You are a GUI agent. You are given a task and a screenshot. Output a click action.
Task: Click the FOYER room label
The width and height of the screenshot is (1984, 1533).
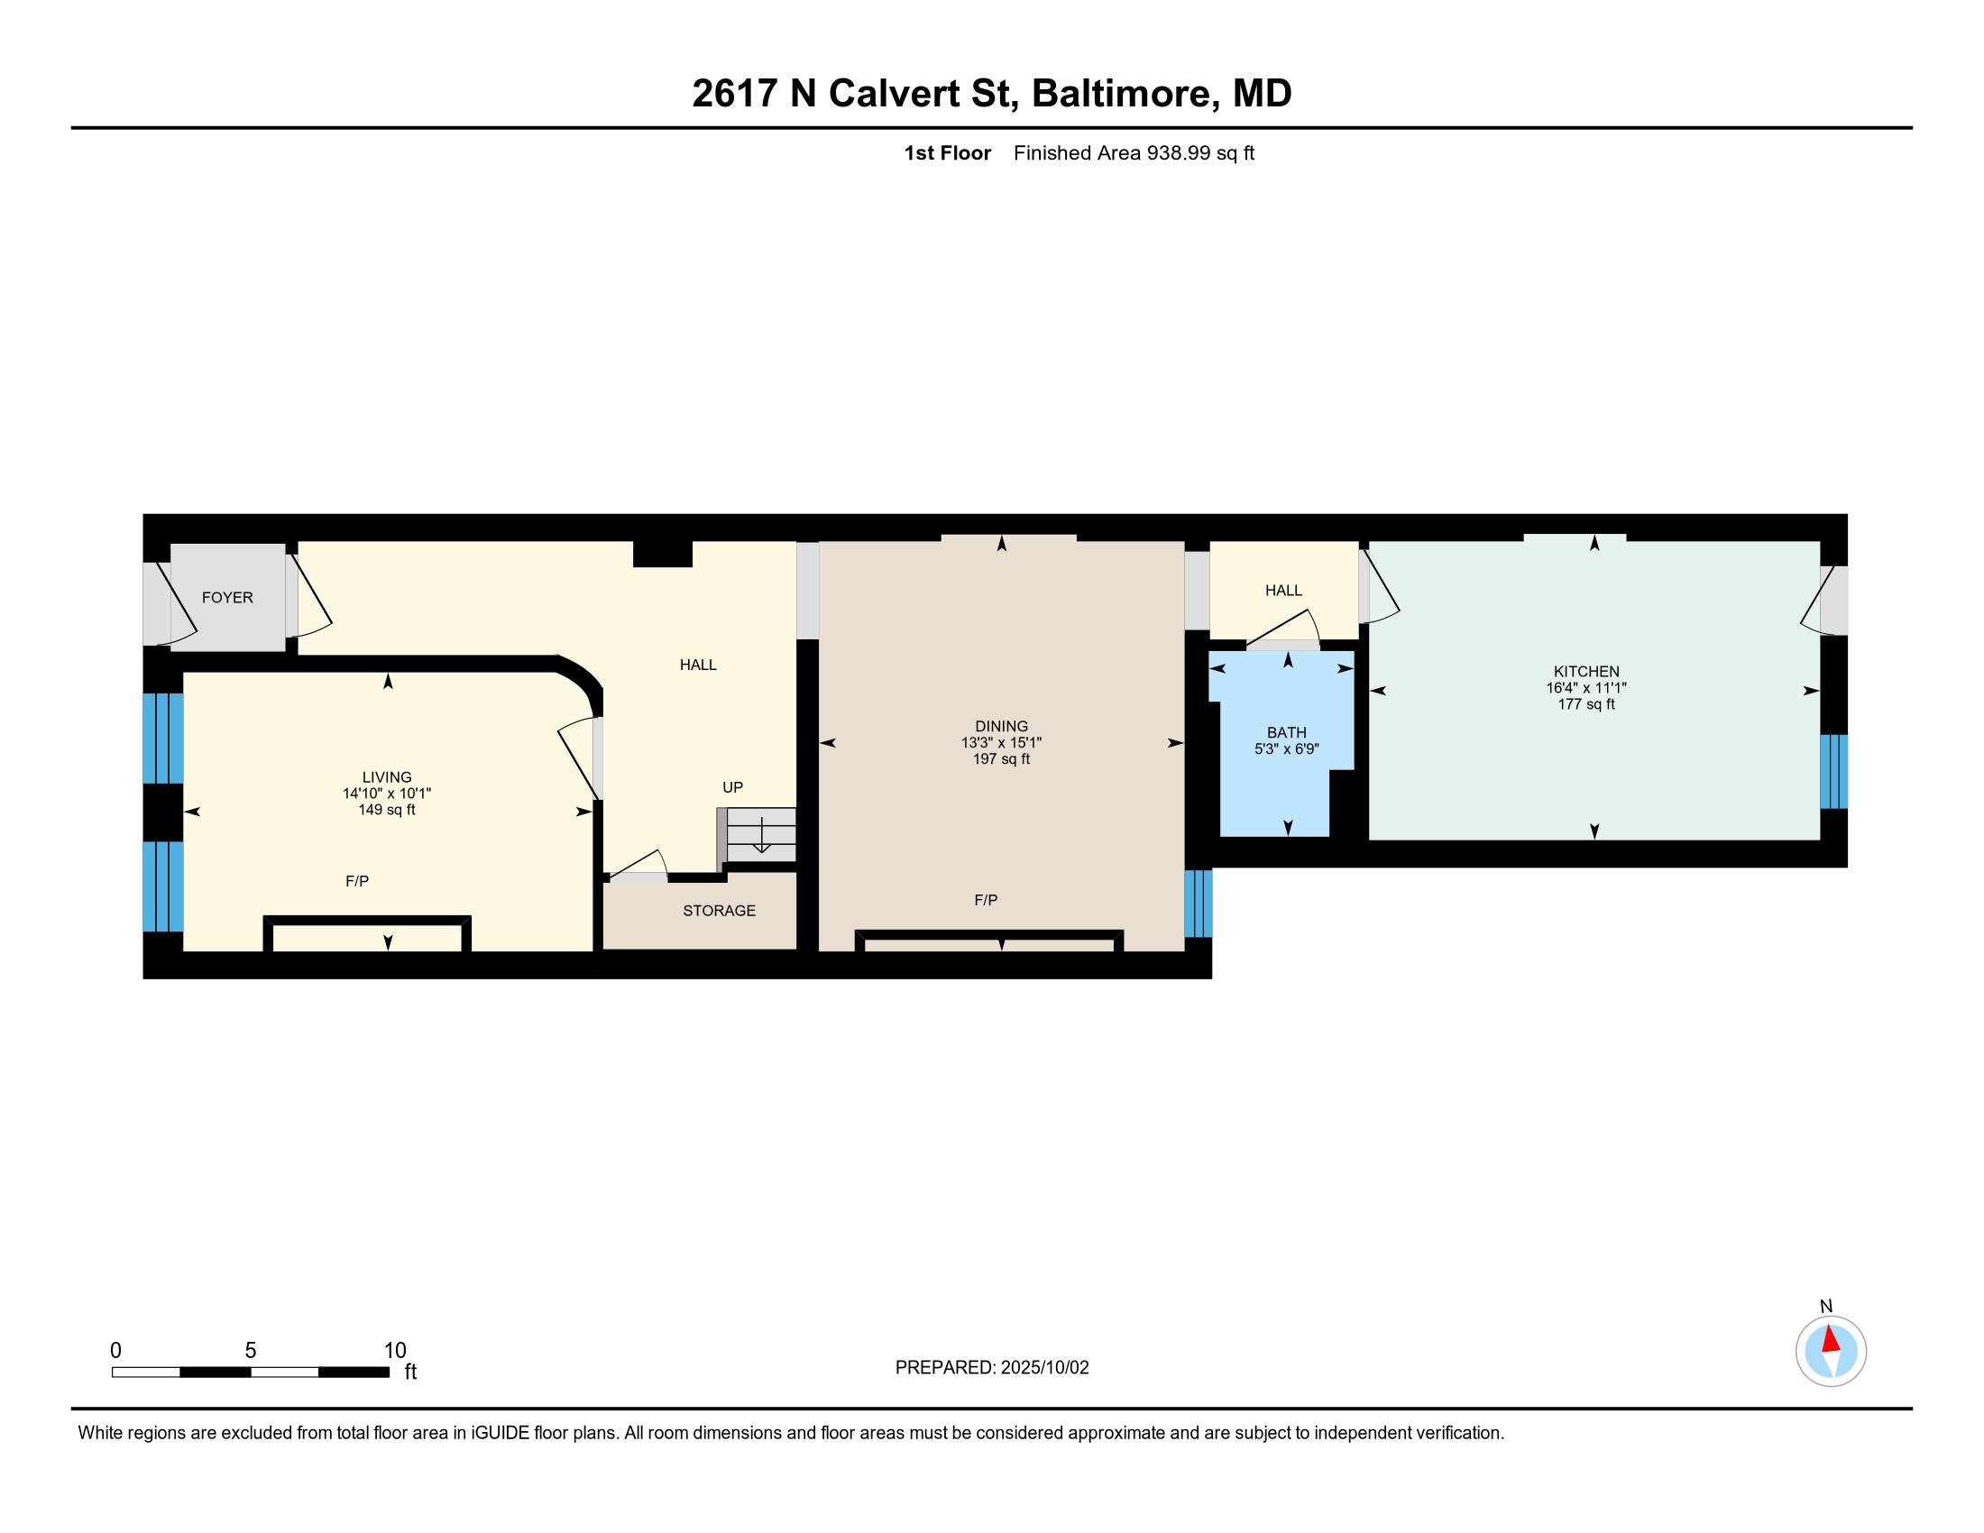(x=227, y=598)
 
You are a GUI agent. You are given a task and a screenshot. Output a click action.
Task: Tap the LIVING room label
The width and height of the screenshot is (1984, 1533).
(x=387, y=777)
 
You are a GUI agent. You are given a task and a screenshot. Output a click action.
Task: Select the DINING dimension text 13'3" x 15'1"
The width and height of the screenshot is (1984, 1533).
(x=1001, y=743)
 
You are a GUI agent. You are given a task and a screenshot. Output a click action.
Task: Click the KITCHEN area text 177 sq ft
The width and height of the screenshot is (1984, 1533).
(x=1586, y=704)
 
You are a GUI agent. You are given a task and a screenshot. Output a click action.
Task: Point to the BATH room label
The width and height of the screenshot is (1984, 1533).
(x=1286, y=732)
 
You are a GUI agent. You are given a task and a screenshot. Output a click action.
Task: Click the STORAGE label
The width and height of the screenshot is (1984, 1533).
(x=719, y=911)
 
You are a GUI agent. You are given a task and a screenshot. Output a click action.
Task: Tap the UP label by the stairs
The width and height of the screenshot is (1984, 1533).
(x=732, y=787)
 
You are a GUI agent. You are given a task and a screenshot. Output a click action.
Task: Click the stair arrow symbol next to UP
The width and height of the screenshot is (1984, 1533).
(x=761, y=836)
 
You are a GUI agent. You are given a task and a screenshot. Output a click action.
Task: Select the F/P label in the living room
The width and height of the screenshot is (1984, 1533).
(x=357, y=881)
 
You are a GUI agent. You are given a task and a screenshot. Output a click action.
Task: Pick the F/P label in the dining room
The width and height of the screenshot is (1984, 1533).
(x=986, y=900)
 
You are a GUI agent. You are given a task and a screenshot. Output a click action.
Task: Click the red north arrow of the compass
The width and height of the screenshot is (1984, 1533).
(x=1831, y=1340)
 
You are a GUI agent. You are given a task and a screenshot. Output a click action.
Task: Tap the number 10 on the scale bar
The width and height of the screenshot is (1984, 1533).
(x=394, y=1351)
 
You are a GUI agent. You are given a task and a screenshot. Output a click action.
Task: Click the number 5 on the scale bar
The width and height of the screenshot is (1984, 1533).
(x=251, y=1351)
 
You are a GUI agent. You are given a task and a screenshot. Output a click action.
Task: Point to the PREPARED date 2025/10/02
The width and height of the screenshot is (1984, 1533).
(x=1043, y=1368)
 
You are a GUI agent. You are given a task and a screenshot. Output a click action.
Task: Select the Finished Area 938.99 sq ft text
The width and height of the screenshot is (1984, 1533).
(x=1133, y=153)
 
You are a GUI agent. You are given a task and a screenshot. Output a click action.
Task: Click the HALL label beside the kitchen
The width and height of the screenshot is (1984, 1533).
(x=1282, y=591)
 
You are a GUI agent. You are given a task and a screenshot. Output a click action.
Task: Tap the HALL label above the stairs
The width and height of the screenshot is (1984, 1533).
(x=698, y=665)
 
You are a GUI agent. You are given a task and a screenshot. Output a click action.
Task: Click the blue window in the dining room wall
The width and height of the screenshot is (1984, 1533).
(x=1199, y=904)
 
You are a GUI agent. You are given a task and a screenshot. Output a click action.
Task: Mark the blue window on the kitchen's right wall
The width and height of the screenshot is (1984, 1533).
(x=1833, y=771)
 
